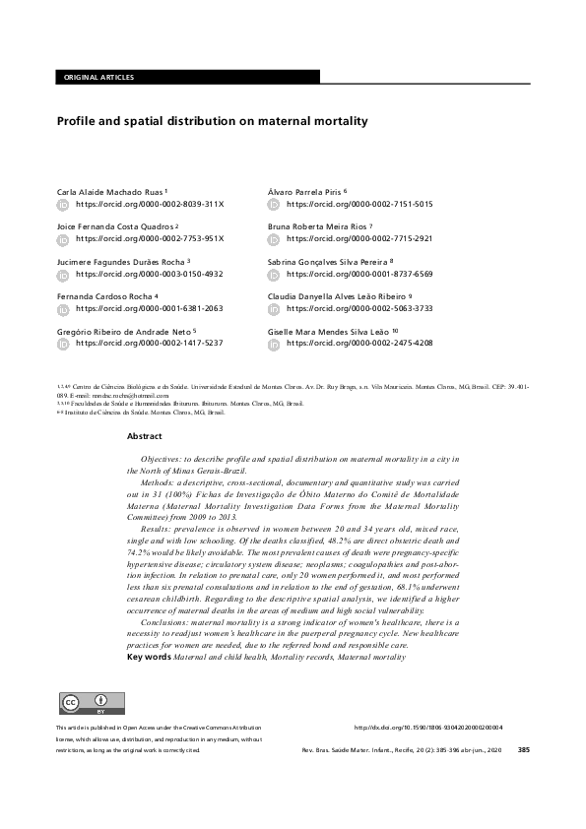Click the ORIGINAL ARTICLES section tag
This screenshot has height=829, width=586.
tap(98, 77)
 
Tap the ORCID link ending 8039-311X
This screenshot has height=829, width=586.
tap(150, 204)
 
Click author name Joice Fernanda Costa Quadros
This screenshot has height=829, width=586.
tap(114, 225)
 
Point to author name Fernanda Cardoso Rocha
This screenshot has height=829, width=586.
tap(103, 295)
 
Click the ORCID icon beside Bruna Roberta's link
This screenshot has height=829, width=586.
tap(275, 238)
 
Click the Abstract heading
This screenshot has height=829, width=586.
tap(144, 435)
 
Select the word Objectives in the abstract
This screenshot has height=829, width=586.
tap(161, 459)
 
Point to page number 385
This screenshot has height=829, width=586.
tap(523, 749)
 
